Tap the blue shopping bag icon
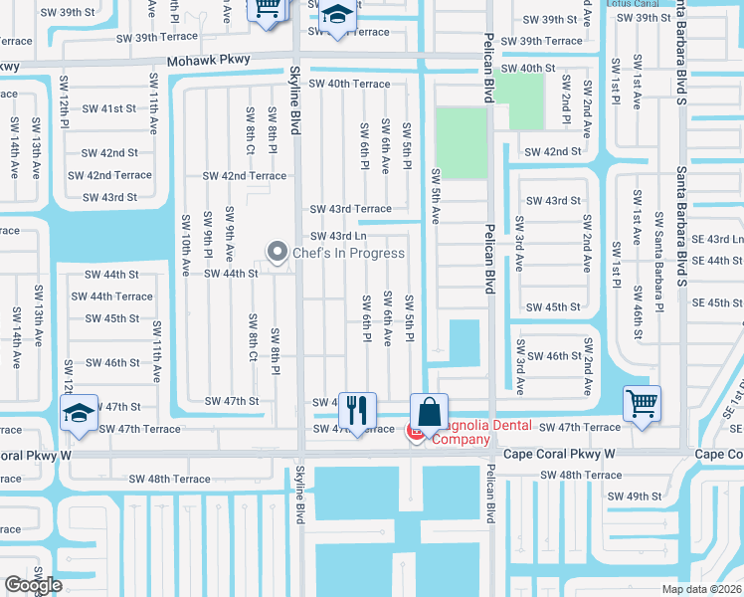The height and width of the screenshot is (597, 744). pos(429,411)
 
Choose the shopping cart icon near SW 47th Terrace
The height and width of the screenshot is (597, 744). pos(642,404)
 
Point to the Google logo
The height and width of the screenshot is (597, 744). pos(33,585)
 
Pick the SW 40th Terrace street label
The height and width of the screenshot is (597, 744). pos(350,84)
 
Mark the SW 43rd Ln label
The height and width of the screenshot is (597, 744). pos(338,236)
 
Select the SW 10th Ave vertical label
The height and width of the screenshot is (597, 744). pos(185,243)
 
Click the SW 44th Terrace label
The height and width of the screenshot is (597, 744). pos(111,296)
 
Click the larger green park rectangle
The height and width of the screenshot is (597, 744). pos(461,143)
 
